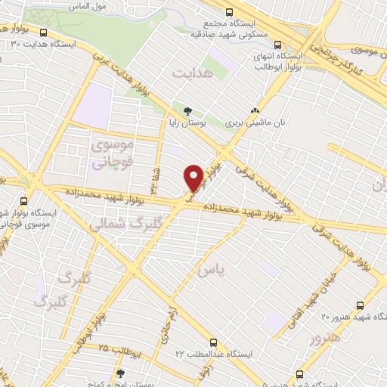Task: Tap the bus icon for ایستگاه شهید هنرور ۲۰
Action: pyautogui.click(x=360, y=305)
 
